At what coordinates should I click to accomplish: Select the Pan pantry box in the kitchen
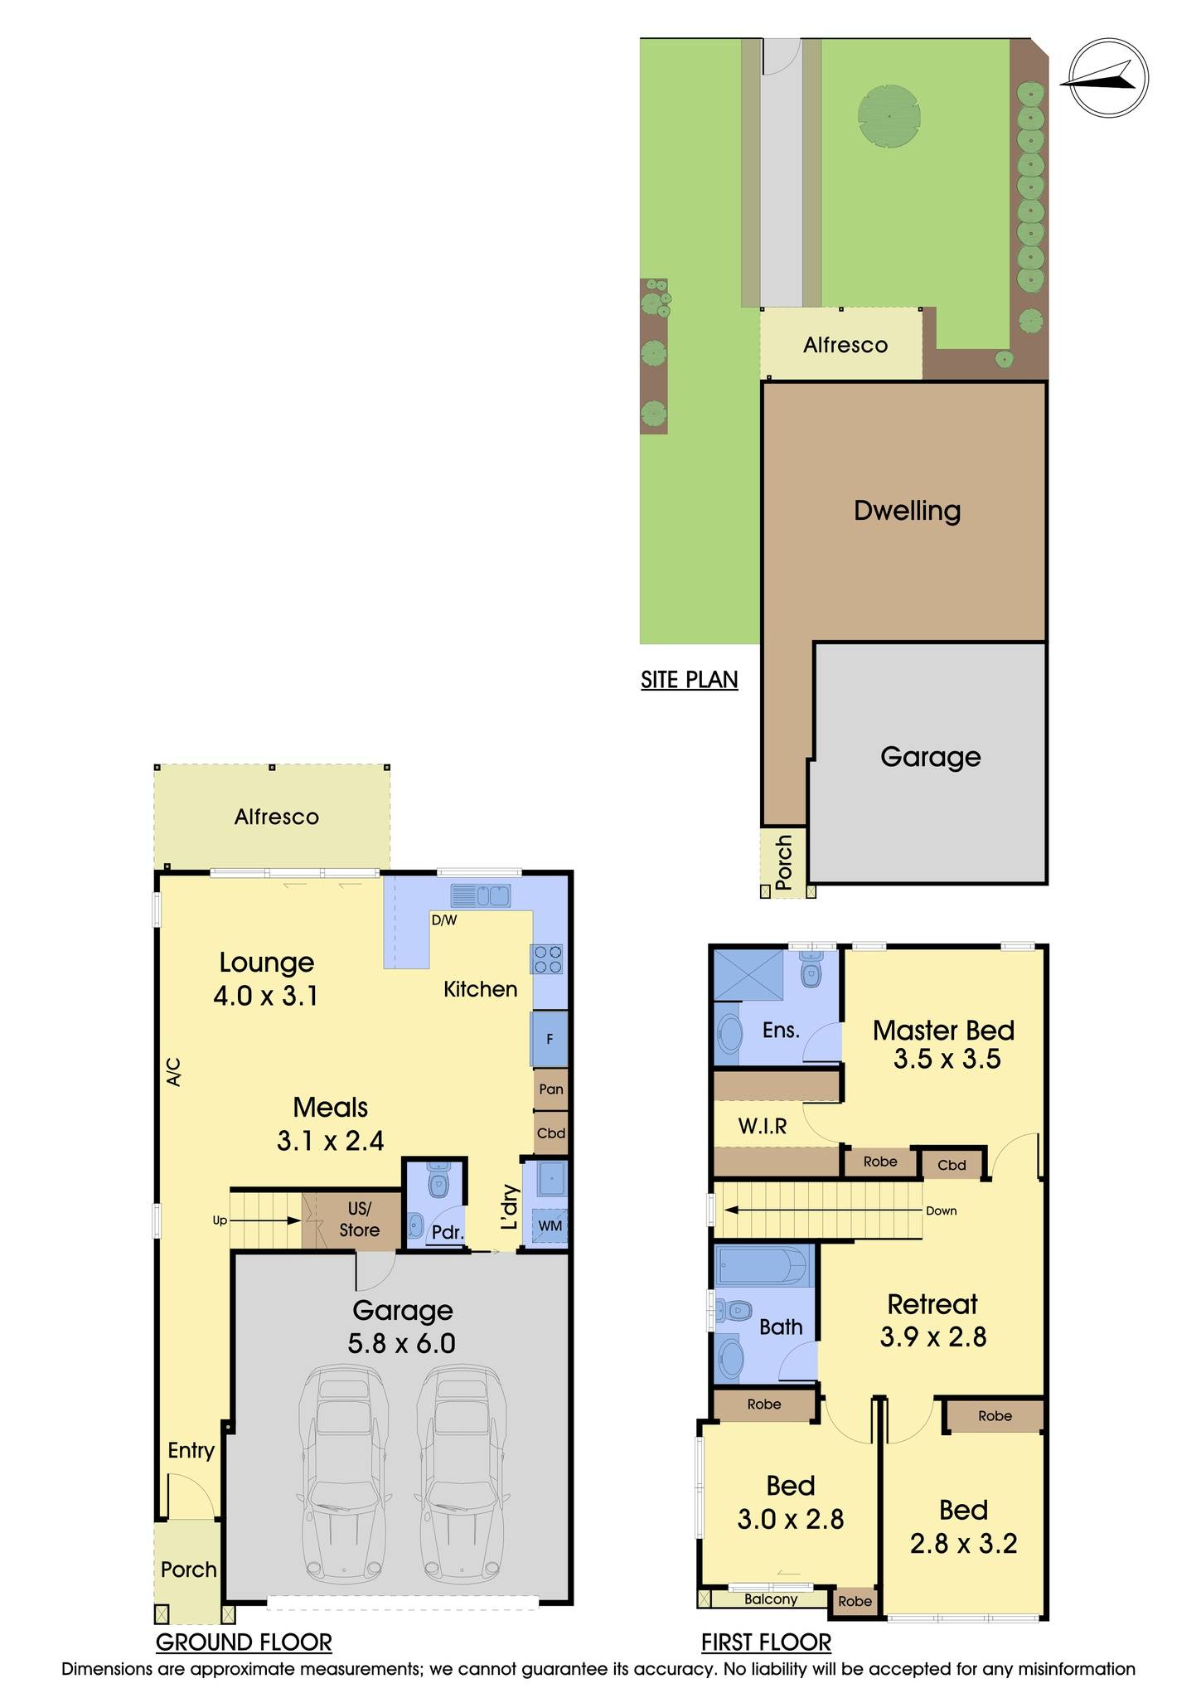[550, 1089]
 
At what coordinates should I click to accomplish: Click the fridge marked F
[550, 1039]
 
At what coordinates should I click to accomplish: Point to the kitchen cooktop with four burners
[548, 960]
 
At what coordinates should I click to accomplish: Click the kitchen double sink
[480, 896]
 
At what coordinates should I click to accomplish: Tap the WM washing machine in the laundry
[550, 1225]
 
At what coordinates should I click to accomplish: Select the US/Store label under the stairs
[359, 1220]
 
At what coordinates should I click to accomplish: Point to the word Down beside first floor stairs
[941, 1210]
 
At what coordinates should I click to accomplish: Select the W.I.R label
[763, 1126]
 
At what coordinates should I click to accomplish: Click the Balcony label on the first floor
[770, 1599]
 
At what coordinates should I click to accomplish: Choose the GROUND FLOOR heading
[244, 1642]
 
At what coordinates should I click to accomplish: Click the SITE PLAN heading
[689, 680]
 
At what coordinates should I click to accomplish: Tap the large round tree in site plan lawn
[889, 116]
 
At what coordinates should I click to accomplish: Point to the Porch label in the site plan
[783, 862]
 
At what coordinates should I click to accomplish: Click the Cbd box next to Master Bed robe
[952, 1165]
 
